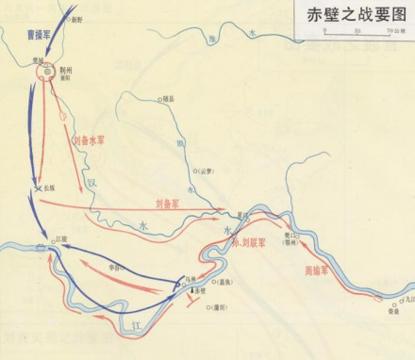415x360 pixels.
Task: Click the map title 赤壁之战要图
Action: point(350,14)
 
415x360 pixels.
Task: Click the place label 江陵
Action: point(62,239)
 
